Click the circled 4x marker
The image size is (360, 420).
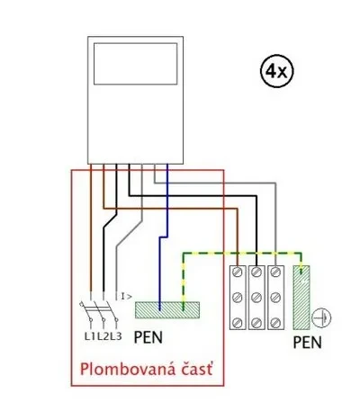(x=277, y=71)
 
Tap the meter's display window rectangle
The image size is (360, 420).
(x=135, y=44)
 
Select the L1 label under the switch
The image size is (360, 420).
(x=89, y=336)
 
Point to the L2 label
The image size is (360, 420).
(x=103, y=336)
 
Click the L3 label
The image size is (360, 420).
(x=115, y=336)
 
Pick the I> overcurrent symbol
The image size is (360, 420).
(x=126, y=297)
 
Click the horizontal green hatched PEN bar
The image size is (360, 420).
(x=167, y=310)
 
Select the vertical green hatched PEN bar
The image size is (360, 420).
(x=301, y=297)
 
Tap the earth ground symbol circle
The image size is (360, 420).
(x=321, y=318)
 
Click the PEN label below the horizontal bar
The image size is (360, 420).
(x=148, y=337)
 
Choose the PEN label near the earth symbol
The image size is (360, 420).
(x=307, y=343)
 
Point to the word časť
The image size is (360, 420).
(x=197, y=370)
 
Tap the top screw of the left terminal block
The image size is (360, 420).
(x=238, y=273)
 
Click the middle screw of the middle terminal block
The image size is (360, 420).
(x=256, y=298)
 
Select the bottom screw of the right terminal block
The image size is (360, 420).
(x=275, y=323)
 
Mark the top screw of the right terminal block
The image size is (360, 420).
(x=275, y=273)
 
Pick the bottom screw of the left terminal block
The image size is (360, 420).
(x=238, y=323)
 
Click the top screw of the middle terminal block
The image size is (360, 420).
(x=256, y=273)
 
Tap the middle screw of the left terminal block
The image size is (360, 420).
(x=238, y=298)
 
